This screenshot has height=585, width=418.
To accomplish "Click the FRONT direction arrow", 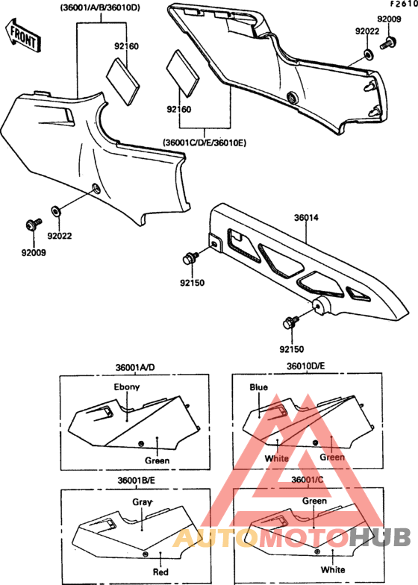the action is [23, 36].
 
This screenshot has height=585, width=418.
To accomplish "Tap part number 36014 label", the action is [306, 218].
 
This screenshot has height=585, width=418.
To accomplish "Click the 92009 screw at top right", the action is [388, 43].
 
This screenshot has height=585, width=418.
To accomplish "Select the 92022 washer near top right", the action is [368, 55].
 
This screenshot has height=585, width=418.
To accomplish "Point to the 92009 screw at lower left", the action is [33, 225].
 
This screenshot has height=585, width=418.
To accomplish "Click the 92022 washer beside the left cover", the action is [55, 211].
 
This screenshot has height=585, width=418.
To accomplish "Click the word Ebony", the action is [127, 387].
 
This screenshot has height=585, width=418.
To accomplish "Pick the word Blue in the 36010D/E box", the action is [258, 387].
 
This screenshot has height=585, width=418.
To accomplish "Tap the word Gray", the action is [142, 502].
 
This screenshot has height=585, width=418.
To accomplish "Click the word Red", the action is [160, 572].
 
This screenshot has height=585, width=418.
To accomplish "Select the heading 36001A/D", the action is [135, 367].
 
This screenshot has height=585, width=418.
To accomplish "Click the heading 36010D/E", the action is [306, 366].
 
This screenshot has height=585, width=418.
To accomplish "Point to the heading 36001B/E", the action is [136, 481].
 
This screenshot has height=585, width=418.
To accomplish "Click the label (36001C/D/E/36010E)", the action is [205, 143].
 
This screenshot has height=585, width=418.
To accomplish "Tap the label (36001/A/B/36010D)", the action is [100, 7].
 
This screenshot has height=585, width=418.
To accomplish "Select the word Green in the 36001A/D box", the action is [157, 461].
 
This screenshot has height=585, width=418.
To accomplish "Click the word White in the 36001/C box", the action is [333, 570].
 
